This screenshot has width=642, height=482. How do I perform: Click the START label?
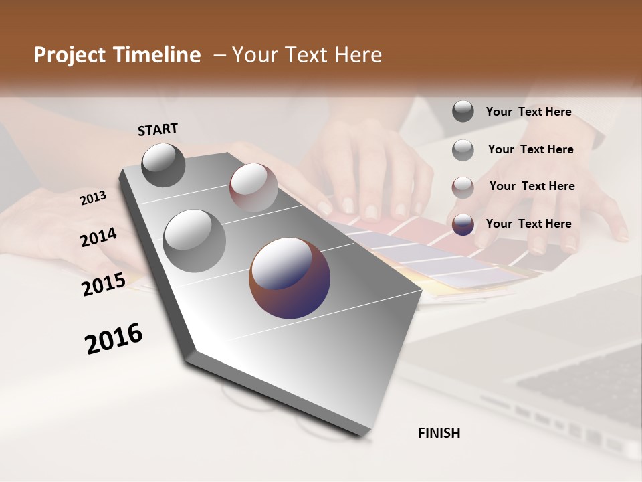coord(158,129)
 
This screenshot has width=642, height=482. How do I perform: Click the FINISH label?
coord(439,433)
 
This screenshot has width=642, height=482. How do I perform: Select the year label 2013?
coord(93,198)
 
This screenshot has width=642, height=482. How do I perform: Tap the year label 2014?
coord(98,238)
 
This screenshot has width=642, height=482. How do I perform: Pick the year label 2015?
coord(104,284)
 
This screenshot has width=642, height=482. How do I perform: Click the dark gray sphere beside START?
coord(163,165)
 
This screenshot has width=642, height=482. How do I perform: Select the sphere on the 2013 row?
coord(253,187)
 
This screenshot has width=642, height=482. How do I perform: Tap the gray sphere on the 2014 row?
coord(195,241)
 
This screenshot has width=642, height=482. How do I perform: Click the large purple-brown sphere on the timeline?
coord(290,277)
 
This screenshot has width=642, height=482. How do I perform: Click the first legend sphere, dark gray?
coord(463,111)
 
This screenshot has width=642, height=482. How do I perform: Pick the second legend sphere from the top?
coord(463,150)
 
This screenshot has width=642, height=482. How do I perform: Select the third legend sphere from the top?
coord(463,187)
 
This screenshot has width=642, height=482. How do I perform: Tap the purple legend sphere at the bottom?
coord(463,224)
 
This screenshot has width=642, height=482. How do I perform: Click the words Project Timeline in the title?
coord(117,55)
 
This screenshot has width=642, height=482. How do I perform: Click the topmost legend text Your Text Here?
coord(528,112)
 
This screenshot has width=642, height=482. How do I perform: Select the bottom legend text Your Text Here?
coord(528,224)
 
